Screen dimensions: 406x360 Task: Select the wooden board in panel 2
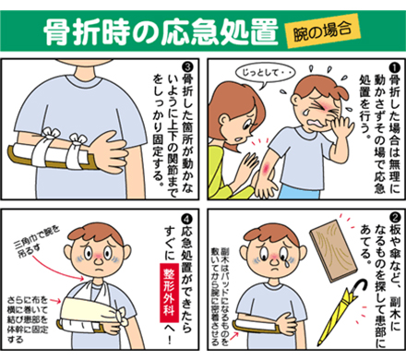(333, 251)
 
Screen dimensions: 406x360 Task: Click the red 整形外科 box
(170, 293)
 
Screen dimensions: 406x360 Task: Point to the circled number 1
(395, 66)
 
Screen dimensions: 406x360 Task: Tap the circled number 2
(395, 218)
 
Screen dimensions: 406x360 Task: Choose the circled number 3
(187, 66)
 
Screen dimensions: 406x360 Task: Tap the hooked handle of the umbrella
(362, 286)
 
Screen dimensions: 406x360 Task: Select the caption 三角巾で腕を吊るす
(37, 240)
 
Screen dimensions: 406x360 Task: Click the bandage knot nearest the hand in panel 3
(77, 139)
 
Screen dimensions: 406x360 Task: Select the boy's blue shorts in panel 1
(300, 191)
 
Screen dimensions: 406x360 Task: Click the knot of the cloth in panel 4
(125, 317)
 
